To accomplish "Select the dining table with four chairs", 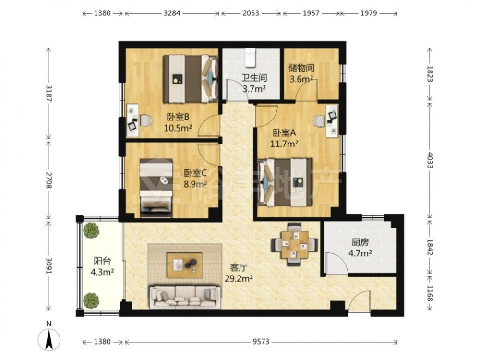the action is tap(294, 244).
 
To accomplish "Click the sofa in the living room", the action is tap(185, 297).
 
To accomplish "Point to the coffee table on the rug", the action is tap(184, 265).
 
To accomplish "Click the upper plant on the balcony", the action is tap(92, 230).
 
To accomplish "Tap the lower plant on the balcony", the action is tap(91, 300).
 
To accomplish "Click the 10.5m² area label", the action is tap(178, 128).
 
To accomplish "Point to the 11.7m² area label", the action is tap(284, 143).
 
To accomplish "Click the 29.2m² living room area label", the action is tap(239, 278).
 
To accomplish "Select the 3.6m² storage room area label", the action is tap(301, 79).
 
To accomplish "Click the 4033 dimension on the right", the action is tap(430, 160).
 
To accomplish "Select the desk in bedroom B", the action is tap(132, 120).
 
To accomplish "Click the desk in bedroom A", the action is tap(332, 121).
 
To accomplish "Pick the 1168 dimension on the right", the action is tap(430, 293).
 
